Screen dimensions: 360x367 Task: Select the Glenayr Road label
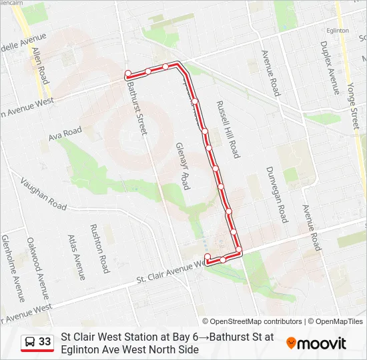[183, 165]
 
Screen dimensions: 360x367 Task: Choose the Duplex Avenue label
[330, 67]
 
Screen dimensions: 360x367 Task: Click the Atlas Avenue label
[77, 256]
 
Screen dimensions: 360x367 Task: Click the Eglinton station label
[338, 31]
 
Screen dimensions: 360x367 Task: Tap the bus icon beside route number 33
[30, 342]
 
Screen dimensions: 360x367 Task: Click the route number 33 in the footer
[45, 342]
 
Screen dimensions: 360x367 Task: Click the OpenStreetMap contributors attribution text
[252, 321]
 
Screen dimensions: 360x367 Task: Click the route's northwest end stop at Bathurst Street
[127, 73]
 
